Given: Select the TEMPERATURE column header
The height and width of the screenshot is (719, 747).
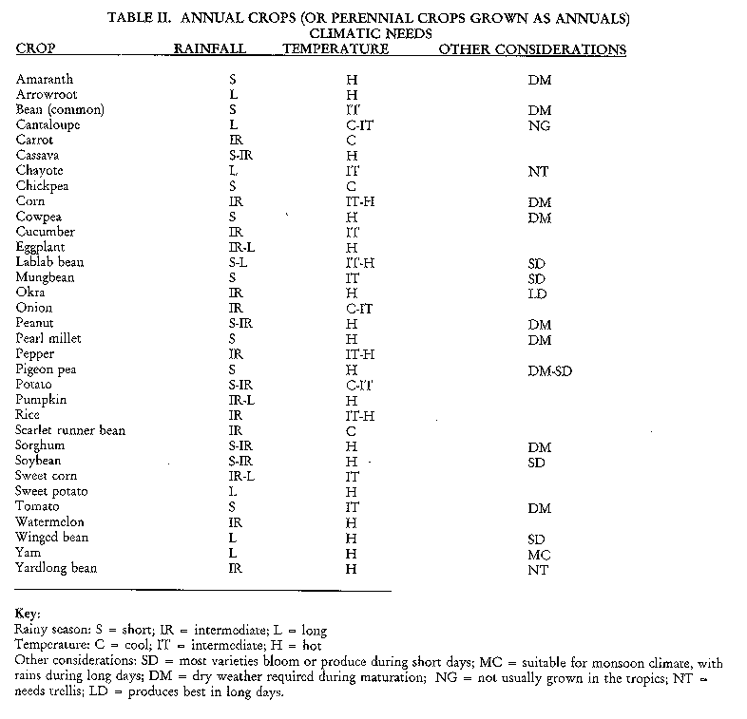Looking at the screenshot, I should pos(336,48).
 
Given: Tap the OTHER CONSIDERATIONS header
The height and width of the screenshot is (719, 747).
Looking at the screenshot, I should pos(532,48).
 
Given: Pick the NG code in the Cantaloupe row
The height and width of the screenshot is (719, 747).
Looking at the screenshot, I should pos(540,125).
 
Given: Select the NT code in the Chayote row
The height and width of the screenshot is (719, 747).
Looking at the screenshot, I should pos(539,171).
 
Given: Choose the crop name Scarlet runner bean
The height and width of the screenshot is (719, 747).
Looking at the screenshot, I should pos(70,430).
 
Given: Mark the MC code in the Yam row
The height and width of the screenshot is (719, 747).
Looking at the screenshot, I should pos(539,553).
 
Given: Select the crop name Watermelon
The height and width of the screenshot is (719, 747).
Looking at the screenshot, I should pos(50,521).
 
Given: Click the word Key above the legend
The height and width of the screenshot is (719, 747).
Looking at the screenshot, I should pos(28,615).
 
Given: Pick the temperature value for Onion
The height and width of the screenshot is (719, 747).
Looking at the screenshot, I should pos(358,309).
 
